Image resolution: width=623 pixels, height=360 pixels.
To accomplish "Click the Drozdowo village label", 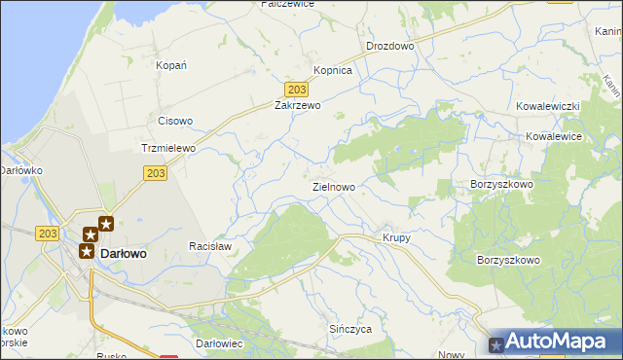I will (389, 46).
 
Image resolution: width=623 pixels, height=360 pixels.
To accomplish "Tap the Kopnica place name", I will (332, 71).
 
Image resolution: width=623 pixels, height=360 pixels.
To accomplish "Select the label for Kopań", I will (171, 65).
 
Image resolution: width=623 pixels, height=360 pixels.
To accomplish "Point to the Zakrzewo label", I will (297, 105).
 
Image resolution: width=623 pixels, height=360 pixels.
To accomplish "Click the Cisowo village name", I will (175, 122).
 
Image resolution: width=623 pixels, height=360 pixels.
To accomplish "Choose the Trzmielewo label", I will (168, 148).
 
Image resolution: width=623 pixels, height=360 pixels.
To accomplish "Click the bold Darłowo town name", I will (124, 253).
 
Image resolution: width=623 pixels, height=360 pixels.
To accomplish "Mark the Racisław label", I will (209, 247).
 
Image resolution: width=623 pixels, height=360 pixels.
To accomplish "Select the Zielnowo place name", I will (333, 186).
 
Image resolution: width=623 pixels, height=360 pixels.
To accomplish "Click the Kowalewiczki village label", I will (549, 105).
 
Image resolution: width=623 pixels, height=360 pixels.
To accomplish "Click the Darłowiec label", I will (218, 344).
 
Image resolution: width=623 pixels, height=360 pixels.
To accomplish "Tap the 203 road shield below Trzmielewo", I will (156, 173).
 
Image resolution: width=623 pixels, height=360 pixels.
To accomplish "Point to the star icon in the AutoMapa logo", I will (497, 343).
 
